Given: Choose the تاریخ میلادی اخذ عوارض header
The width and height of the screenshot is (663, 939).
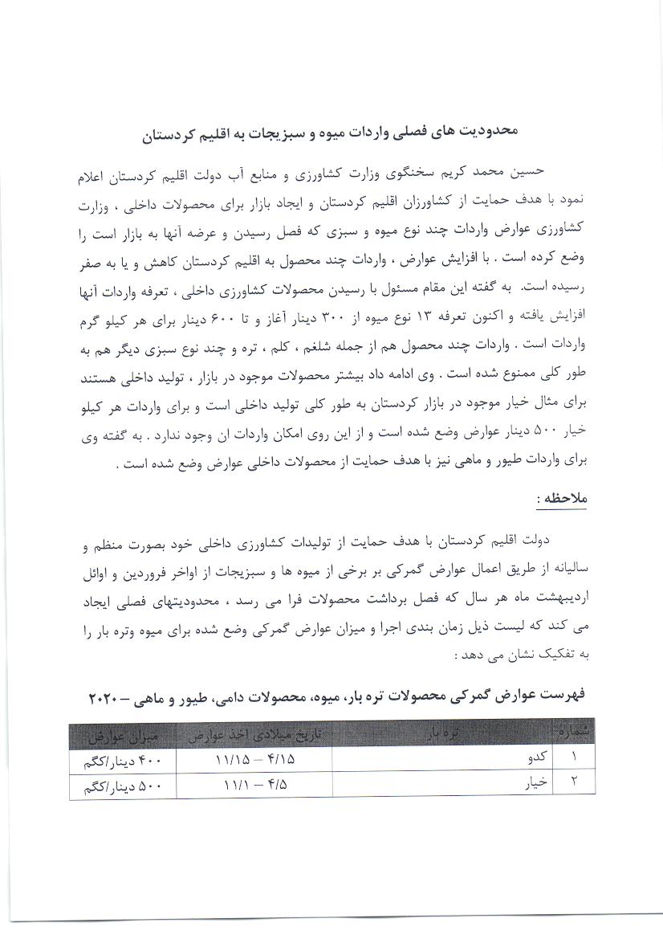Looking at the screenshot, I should click(x=254, y=734).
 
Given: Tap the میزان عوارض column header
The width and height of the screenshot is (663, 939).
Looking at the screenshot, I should click(x=121, y=734).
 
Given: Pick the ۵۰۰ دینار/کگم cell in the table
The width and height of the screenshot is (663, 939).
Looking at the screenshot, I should click(x=121, y=781).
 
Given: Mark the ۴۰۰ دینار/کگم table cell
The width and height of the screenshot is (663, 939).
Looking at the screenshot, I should click(x=121, y=757).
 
